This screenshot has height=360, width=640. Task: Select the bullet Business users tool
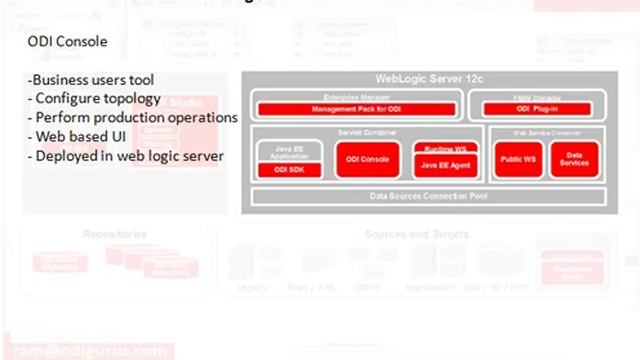(x=91, y=80)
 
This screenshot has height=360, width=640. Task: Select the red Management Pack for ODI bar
(x=355, y=108)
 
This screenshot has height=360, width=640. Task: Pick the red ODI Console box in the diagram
(x=361, y=160)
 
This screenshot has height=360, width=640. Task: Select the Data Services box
(x=574, y=159)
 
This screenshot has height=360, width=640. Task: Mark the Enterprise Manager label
(x=355, y=95)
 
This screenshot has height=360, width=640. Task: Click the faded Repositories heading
(x=115, y=234)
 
